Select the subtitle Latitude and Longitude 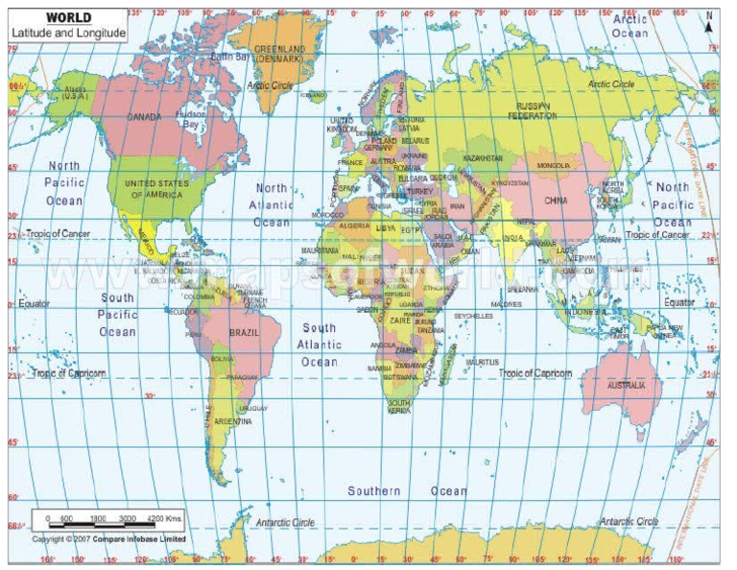67,33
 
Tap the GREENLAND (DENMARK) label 279,53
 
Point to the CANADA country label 144,117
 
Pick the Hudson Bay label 192,118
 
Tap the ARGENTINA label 233,421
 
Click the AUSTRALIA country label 634,385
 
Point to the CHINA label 556,201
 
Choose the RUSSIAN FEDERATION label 536,110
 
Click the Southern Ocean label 408,491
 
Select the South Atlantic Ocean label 320,344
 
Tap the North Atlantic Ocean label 272,204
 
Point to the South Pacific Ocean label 118,315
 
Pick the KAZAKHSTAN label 483,157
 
